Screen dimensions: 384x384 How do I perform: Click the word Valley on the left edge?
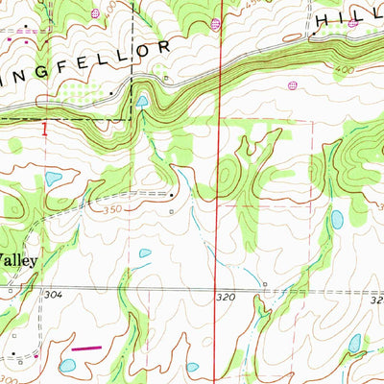pos(18,259)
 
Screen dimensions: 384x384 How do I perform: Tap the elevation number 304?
pos(52,296)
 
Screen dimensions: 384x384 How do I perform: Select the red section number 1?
pos(44,125)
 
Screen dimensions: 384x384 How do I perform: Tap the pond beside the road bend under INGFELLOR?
pos(142,101)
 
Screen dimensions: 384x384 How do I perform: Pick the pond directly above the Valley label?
pos(53,179)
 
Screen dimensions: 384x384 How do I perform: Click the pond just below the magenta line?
pos(67,366)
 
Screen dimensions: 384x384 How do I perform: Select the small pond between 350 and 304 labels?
pos(145,253)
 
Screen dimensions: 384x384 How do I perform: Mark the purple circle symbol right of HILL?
pos(352,23)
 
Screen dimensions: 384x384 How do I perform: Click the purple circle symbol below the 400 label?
pos(292,86)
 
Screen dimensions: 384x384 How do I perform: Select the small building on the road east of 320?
pos(264,284)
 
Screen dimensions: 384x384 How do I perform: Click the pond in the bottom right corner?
pos(355,343)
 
